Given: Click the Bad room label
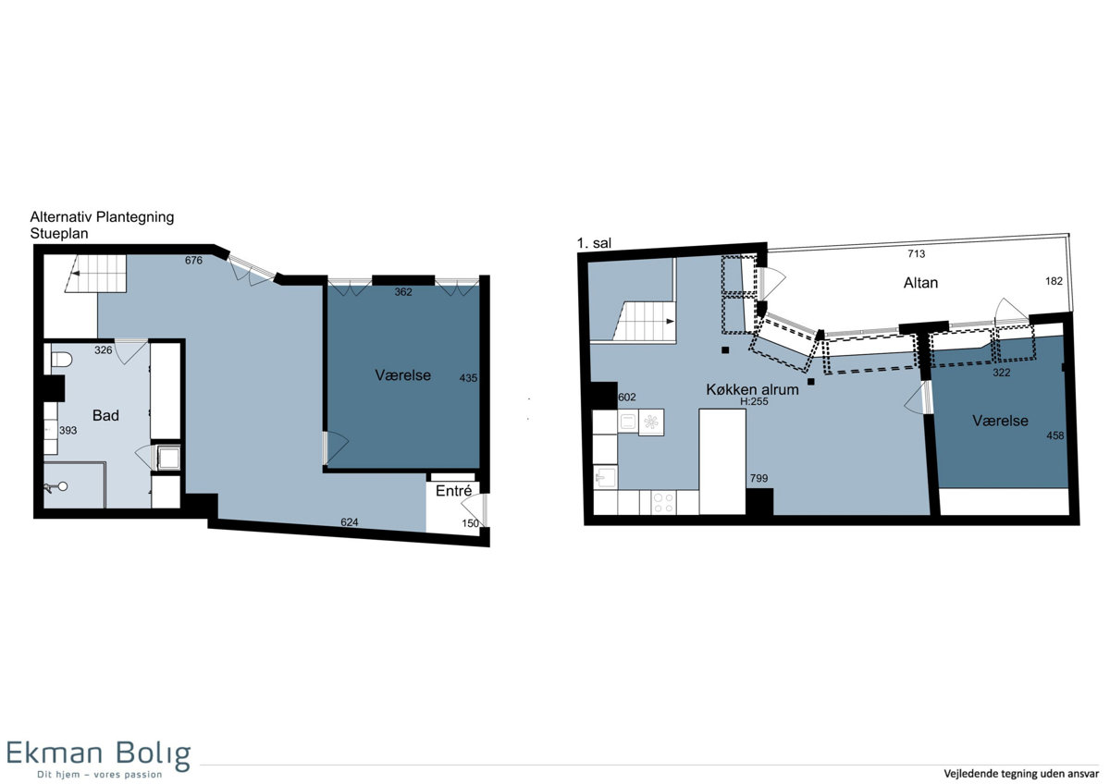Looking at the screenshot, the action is click(x=105, y=415).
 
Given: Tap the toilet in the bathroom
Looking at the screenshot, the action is click(x=60, y=359).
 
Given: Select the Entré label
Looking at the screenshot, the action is click(x=453, y=491).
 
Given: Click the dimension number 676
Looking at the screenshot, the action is click(x=193, y=260).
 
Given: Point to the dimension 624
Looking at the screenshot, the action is click(x=349, y=522).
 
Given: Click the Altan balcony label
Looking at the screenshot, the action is click(x=920, y=283).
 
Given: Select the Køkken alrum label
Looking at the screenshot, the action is click(x=752, y=389).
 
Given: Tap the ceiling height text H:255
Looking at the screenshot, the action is click(x=754, y=401).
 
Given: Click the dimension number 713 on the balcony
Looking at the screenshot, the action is click(x=917, y=253).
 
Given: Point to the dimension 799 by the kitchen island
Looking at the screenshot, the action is click(x=758, y=478).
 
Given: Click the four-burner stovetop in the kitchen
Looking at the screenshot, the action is click(x=663, y=502).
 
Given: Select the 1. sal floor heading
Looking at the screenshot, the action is click(x=594, y=243).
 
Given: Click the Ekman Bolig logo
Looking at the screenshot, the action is click(x=99, y=759).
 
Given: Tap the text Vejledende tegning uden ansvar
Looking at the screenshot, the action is click(x=1021, y=773).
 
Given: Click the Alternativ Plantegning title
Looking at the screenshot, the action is click(x=102, y=217).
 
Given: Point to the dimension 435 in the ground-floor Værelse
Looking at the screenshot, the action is click(x=468, y=378).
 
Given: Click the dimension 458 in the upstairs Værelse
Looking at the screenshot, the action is click(x=1055, y=435).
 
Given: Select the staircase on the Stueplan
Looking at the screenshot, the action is click(x=96, y=274).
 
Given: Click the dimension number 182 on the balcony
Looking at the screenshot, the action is click(x=1054, y=281).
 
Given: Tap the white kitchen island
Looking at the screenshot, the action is click(x=722, y=461).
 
